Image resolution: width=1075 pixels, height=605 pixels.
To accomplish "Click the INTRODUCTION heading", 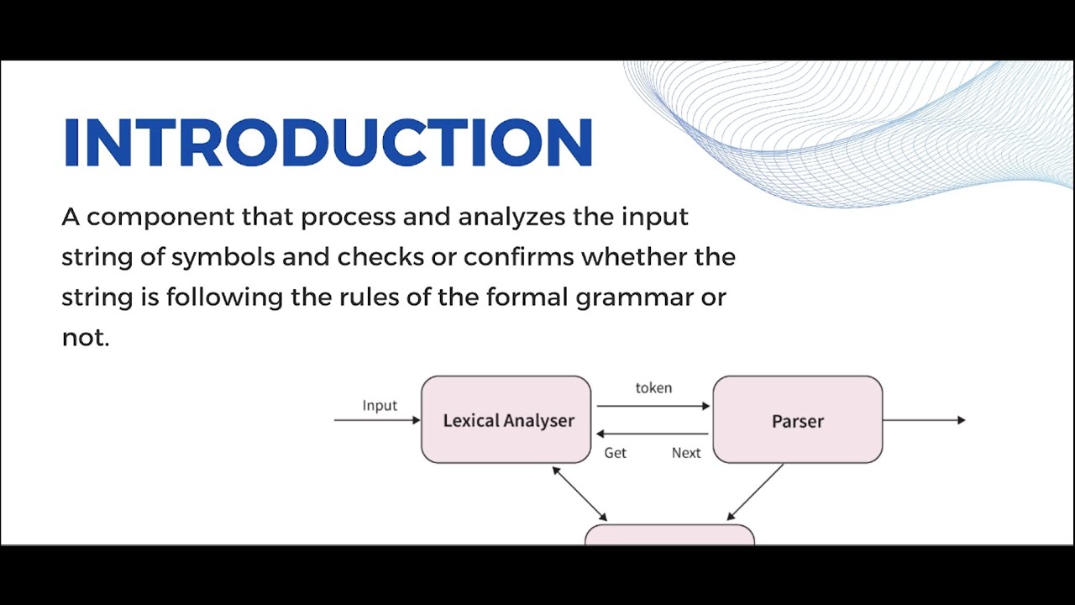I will click(328, 141).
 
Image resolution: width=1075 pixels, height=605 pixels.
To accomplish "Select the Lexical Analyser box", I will click(506, 420).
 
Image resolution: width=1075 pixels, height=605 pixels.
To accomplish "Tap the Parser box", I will click(797, 420).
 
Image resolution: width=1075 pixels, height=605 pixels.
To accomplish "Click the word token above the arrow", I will click(653, 387).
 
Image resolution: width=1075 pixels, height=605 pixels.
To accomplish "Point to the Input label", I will click(380, 406).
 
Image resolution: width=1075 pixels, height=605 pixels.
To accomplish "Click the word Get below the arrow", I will click(616, 453).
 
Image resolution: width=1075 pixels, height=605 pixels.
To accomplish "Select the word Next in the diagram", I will click(686, 453).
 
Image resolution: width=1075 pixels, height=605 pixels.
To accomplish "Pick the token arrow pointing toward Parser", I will click(653, 406).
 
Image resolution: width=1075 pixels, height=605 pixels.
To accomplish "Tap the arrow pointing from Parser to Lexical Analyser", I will click(653, 434).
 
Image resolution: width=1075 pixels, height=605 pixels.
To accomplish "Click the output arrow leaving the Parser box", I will click(924, 419).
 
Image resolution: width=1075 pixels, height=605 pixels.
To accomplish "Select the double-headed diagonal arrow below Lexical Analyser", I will click(579, 494).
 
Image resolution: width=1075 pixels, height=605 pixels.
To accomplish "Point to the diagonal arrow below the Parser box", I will click(755, 492).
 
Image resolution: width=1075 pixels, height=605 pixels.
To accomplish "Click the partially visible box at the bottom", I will click(669, 535).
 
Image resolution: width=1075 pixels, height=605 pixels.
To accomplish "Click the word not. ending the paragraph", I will click(86, 338).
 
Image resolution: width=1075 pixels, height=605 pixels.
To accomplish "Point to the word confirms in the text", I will click(518, 257).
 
